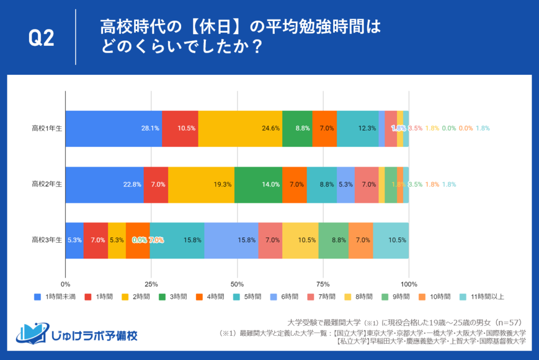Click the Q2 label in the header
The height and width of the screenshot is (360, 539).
click(x=41, y=39)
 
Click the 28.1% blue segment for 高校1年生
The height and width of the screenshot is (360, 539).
click(x=113, y=128)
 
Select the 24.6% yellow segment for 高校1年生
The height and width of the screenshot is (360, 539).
click(x=240, y=128)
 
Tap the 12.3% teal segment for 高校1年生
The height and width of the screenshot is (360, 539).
click(x=357, y=128)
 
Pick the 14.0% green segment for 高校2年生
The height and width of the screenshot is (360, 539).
click(x=258, y=184)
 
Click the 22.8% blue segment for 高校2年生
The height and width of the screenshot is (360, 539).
click(x=104, y=184)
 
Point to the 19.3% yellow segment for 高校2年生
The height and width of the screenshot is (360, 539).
click(x=201, y=184)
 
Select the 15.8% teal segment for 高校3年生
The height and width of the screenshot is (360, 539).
click(x=177, y=240)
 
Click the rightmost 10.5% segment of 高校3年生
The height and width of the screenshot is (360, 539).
click(x=391, y=240)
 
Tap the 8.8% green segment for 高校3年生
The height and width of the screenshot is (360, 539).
click(x=333, y=240)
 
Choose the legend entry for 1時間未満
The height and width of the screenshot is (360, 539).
click(x=55, y=296)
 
